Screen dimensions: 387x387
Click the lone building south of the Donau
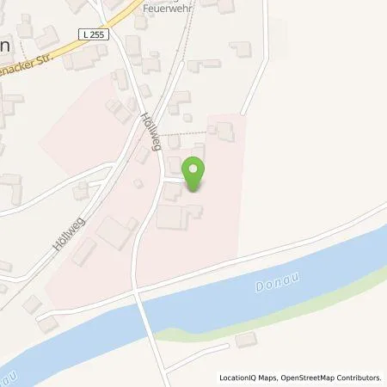pyautogui.click(x=246, y=339)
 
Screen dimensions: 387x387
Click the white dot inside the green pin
pyautogui.click(x=195, y=168)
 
